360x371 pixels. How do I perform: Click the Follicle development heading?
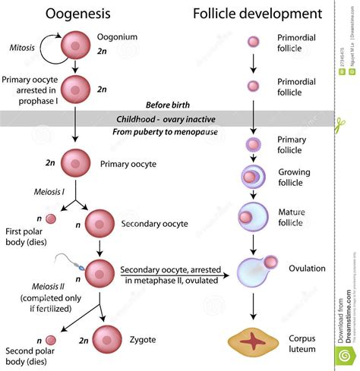[254, 14]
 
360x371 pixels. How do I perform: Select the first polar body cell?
[51, 219]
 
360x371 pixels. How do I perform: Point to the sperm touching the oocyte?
[75, 263]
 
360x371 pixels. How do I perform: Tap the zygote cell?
[106, 338]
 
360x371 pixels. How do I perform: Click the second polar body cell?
[51, 341]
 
